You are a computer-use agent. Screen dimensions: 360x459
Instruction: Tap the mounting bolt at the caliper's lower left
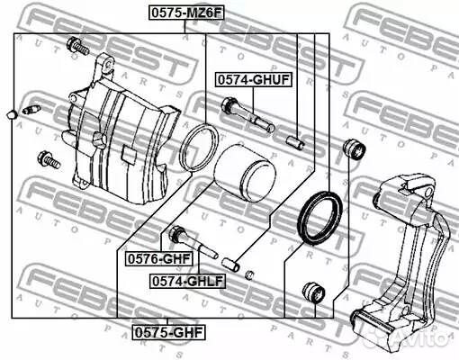coord(47,160)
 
